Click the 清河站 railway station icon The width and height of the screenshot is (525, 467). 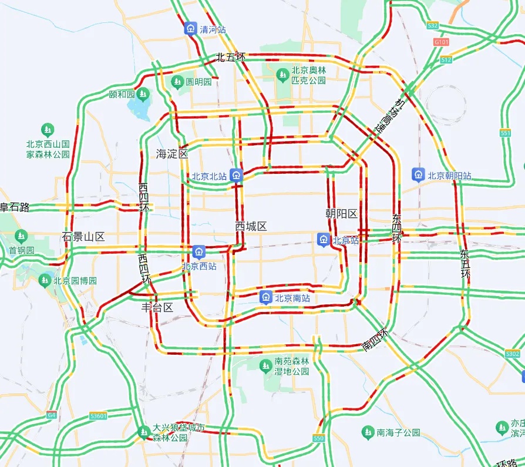tap(191, 28)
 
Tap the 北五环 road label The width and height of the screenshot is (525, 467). tap(230, 57)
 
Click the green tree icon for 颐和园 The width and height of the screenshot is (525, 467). tap(144, 94)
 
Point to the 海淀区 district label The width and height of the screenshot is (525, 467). tap(171, 154)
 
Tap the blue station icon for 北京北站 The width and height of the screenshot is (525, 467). tap(236, 175)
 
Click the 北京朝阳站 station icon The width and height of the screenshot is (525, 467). tap(418, 174)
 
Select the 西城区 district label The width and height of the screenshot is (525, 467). tap(251, 226)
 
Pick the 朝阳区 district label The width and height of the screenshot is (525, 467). tap(341, 214)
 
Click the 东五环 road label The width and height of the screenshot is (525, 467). tap(465, 264)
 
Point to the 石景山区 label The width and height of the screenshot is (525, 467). tap(83, 237)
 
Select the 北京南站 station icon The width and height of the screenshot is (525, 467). tap(266, 297)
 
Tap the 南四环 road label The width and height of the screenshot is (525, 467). tap(376, 340)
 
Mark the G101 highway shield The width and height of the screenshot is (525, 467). tap(441, 42)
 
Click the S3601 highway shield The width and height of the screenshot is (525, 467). tap(99, 416)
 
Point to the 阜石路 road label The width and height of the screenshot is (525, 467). tap(14, 207)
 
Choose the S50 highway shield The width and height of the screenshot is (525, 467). tap(319, 438)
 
